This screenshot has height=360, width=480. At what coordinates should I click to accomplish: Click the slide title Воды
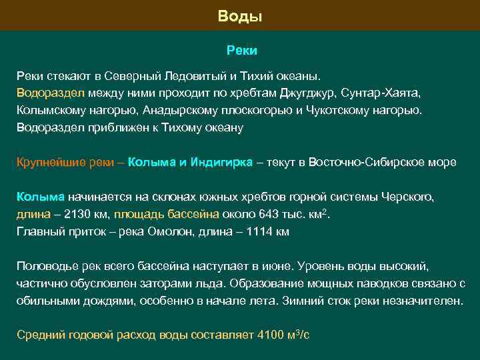[x=240, y=15]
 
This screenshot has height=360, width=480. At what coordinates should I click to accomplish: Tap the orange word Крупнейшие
[x=47, y=162]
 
